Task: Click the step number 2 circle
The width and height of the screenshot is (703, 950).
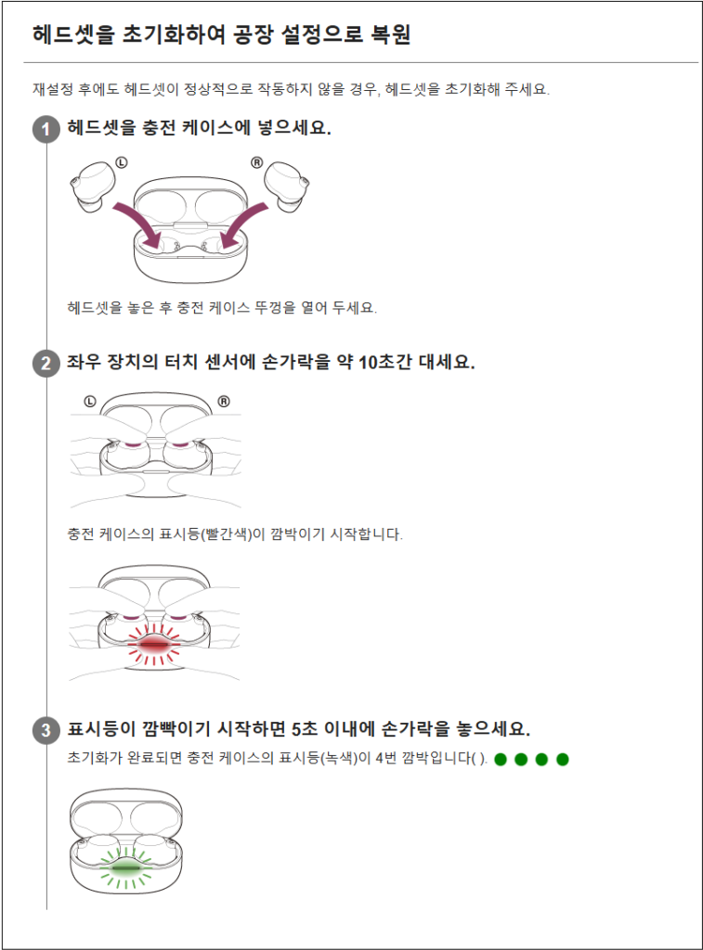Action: pyautogui.click(x=46, y=364)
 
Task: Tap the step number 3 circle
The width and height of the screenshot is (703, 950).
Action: pyautogui.click(x=46, y=730)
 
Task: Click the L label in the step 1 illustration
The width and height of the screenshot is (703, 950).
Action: pyautogui.click(x=122, y=162)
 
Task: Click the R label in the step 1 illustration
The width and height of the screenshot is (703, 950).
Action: pyautogui.click(x=257, y=162)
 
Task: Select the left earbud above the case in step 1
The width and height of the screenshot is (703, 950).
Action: pyautogui.click(x=93, y=186)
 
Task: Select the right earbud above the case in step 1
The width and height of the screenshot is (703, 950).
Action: pyautogui.click(x=287, y=186)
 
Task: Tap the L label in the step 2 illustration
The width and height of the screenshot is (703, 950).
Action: pyautogui.click(x=90, y=401)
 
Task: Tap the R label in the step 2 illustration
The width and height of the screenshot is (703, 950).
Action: pyautogui.click(x=224, y=401)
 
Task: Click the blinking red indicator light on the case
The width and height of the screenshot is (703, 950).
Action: pyautogui.click(x=154, y=645)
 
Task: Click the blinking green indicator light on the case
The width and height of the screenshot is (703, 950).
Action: pyautogui.click(x=126, y=868)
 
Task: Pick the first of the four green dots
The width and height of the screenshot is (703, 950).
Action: pyautogui.click(x=501, y=759)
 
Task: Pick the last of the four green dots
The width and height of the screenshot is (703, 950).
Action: pyautogui.click(x=562, y=759)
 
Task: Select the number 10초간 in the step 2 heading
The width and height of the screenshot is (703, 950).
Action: pyautogui.click(x=385, y=363)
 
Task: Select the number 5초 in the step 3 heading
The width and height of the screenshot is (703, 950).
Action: pyautogui.click(x=306, y=729)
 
